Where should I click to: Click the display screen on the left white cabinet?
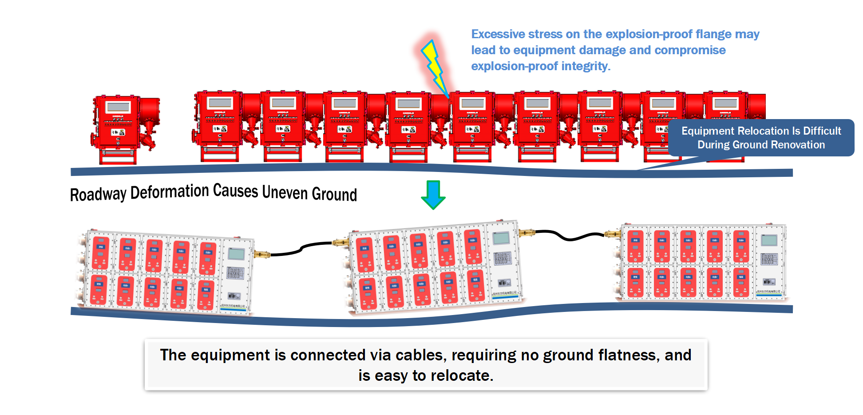point(236,254)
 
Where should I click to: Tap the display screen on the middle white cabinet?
point(501,238)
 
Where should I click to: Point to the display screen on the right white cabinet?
point(769,240)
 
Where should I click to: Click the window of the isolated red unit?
point(118,107)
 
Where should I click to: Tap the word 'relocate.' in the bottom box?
point(461,375)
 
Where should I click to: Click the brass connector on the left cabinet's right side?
point(262,255)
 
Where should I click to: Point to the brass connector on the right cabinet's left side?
point(613,234)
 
